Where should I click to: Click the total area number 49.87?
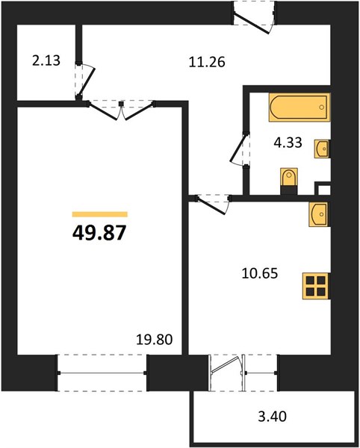tap(99, 232)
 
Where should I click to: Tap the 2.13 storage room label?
tap(45, 62)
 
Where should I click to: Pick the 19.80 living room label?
tap(155, 339)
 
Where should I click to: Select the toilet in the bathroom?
tap(288, 180)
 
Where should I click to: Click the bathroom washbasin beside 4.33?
tap(323, 149)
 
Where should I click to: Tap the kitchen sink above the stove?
tap(317, 214)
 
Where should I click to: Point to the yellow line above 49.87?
tap(99, 214)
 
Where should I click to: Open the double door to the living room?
tap(122, 109)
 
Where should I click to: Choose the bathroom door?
tap(240, 149)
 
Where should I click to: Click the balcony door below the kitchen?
tap(229, 371)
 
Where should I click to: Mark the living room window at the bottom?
tap(101, 371)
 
